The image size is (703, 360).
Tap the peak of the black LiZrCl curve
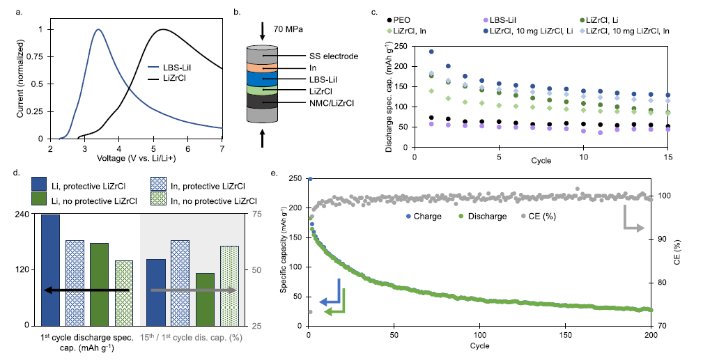tap(163, 30)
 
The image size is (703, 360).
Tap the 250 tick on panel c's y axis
tap(401, 47)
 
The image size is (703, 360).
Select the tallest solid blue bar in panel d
tap(50, 269)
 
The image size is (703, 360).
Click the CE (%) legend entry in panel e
tap(541, 217)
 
